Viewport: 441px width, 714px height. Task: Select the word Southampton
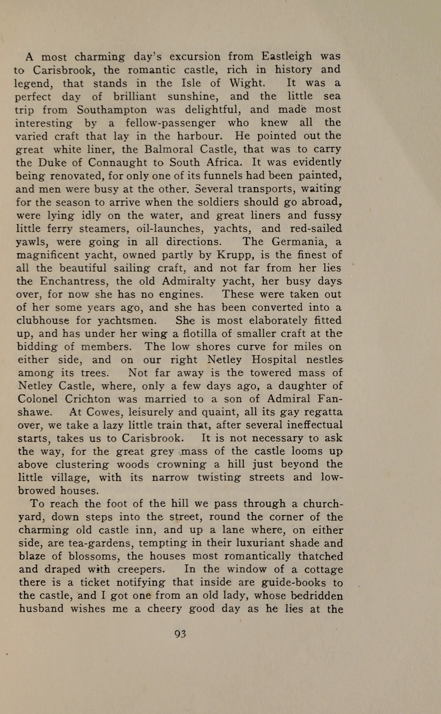112,110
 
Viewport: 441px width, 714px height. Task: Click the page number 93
180,634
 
